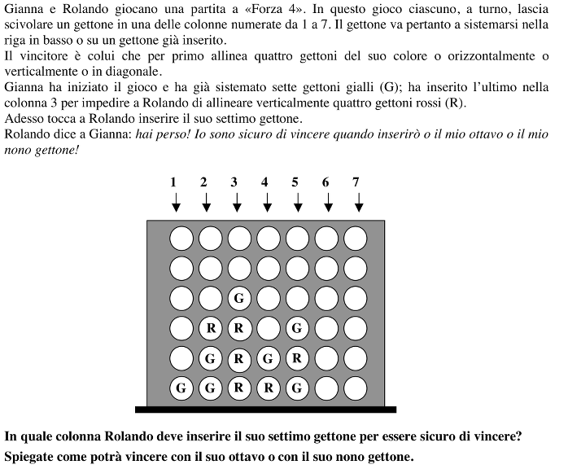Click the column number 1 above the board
[x=173, y=182]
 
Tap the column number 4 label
[x=264, y=182]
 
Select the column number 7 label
[x=356, y=182]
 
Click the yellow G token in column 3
[x=239, y=298]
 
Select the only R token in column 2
[x=210, y=328]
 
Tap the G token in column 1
[x=181, y=388]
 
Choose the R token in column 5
[x=297, y=358]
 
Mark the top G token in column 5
[x=297, y=328]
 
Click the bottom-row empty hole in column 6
[x=326, y=388]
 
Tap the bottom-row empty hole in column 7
[x=356, y=388]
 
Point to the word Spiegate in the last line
[x=30, y=455]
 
